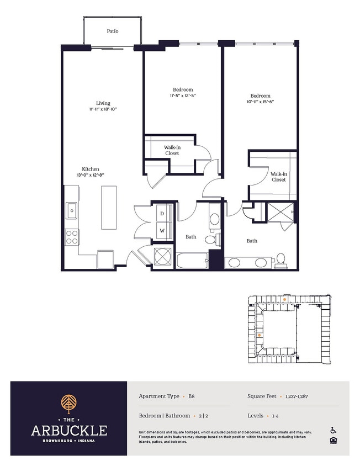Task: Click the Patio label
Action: pos(113,31)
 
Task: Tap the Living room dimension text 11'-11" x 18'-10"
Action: pos(103,109)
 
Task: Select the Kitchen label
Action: pos(91,169)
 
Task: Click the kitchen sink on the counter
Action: pos(72,210)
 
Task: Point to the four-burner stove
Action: pos(72,237)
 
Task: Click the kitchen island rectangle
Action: pos(109,208)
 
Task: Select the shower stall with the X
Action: pos(280,212)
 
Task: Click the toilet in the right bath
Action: pos(280,260)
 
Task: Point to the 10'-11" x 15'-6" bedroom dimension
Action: pos(260,102)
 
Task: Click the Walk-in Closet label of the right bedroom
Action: pos(278,177)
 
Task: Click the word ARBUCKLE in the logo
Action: pos(69,431)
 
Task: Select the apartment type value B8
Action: pos(192,396)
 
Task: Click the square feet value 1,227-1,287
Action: pos(297,396)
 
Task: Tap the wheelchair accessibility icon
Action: pos(333,430)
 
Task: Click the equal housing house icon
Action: pos(333,441)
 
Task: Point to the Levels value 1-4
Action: pos(276,416)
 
